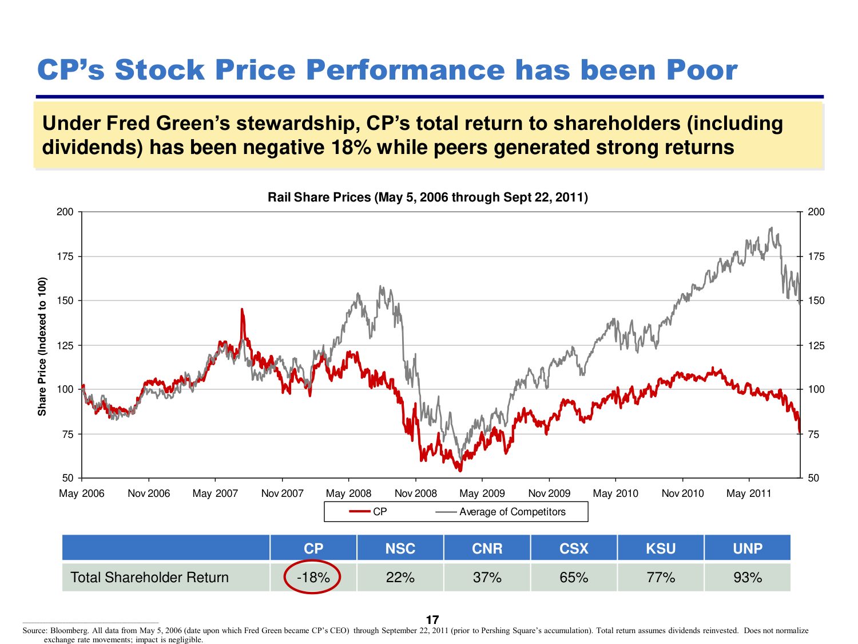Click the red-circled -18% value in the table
click(x=313, y=577)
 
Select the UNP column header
click(x=747, y=548)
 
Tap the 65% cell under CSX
click(x=574, y=577)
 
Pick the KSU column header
click(x=661, y=548)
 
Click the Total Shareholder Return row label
click(x=149, y=577)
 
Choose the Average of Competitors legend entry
click(x=511, y=512)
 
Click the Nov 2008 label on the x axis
click(x=415, y=493)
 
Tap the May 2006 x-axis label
click(x=82, y=493)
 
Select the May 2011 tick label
click(x=749, y=493)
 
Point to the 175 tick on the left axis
click(x=65, y=256)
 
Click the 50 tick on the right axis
click(x=813, y=478)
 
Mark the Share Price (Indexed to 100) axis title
click(x=42, y=346)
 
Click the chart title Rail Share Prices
click(x=427, y=197)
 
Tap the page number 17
click(x=432, y=620)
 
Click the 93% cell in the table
click(x=747, y=577)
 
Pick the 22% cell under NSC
click(x=400, y=577)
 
